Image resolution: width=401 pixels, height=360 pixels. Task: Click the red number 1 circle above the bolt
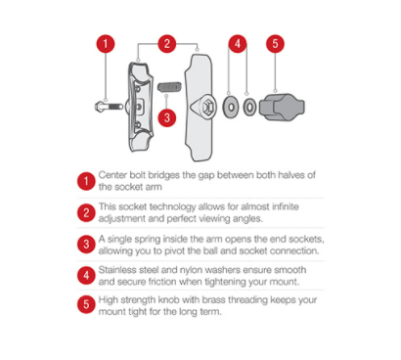(x=106, y=44)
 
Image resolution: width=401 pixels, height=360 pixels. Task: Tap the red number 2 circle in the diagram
(x=167, y=44)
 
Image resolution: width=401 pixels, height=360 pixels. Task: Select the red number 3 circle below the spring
(x=167, y=117)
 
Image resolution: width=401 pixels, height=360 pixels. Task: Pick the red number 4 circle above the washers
(x=238, y=44)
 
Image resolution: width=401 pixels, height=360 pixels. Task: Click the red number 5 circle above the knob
(x=275, y=44)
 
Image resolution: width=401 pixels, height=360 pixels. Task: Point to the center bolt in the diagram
(x=109, y=107)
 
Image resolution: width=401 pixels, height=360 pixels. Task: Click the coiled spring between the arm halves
(x=169, y=87)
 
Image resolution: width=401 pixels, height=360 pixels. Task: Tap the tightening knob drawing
(x=282, y=107)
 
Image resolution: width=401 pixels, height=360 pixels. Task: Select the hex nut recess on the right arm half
(x=207, y=107)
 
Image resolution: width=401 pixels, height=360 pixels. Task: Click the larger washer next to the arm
(x=231, y=107)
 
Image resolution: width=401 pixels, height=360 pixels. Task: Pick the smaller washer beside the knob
(x=249, y=107)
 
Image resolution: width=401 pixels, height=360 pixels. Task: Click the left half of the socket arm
(x=140, y=107)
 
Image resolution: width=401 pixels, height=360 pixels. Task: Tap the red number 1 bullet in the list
(x=86, y=181)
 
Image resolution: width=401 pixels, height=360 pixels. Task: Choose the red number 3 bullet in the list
(x=86, y=245)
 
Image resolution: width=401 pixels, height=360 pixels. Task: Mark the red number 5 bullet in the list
(x=86, y=304)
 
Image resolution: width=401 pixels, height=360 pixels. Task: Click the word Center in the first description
(x=112, y=175)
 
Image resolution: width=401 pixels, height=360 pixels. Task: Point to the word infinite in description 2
(x=285, y=206)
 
